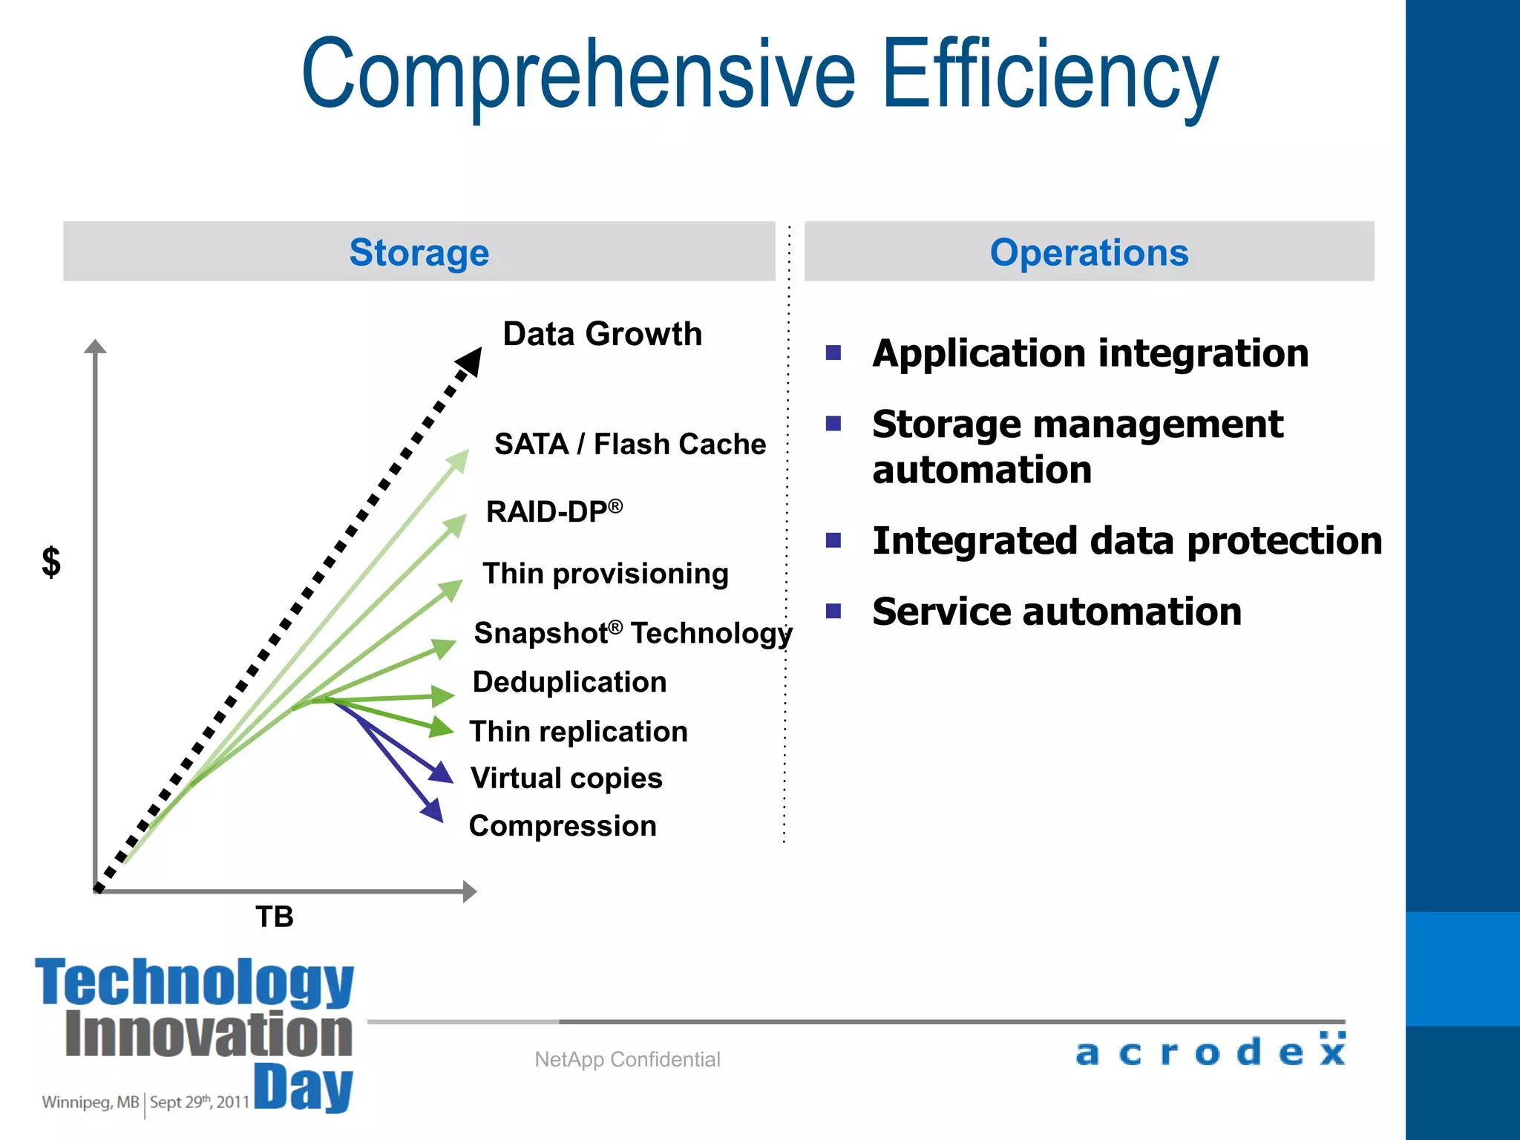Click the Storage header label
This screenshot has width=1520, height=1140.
click(419, 252)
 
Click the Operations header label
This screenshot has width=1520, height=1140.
click(1089, 252)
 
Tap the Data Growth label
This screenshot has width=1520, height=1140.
click(602, 334)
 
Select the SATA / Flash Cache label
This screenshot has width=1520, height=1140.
click(630, 444)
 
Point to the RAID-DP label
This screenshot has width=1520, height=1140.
click(554, 511)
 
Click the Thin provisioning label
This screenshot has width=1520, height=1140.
click(606, 574)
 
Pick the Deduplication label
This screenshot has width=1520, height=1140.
click(569, 682)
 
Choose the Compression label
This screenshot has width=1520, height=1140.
click(563, 826)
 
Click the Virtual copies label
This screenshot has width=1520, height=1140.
click(566, 779)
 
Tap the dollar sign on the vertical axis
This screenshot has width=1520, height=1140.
click(50, 562)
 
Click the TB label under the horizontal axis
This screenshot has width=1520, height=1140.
click(275, 917)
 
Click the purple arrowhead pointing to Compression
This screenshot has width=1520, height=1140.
click(433, 810)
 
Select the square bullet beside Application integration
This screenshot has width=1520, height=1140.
click(833, 353)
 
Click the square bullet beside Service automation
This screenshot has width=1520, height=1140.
click(833, 612)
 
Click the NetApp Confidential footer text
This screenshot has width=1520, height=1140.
click(627, 1059)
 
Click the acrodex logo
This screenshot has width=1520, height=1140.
click(1211, 1050)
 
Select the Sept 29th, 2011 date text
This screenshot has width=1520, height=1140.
click(199, 1102)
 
